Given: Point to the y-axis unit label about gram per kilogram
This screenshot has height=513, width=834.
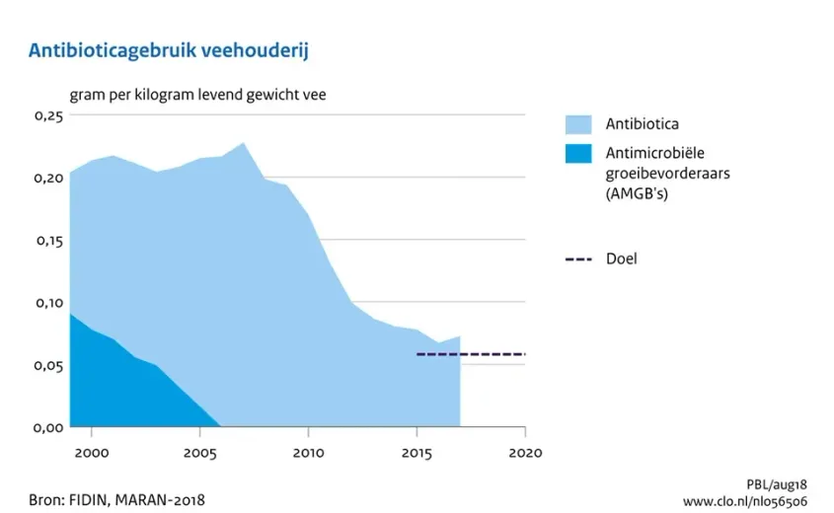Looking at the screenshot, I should pyautogui.click(x=197, y=96).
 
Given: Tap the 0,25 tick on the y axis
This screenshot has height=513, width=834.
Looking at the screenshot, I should pyautogui.click(x=48, y=116).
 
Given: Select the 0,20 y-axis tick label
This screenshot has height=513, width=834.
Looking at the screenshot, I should pyautogui.click(x=48, y=179).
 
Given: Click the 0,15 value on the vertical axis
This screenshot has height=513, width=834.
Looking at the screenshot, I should pyautogui.click(x=48, y=241).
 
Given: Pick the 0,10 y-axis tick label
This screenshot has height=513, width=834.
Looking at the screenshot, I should pyautogui.click(x=48, y=303).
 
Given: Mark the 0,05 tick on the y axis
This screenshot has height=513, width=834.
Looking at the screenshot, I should pyautogui.click(x=48, y=365).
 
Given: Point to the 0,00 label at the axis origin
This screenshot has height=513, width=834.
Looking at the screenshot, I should pyautogui.click(x=48, y=427).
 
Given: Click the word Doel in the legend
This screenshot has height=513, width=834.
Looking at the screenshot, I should pyautogui.click(x=621, y=259).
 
